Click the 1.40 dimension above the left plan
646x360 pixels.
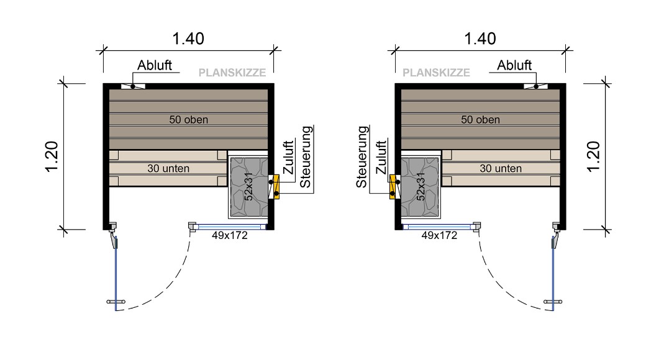point(188,38)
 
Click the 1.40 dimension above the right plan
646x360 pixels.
point(480,38)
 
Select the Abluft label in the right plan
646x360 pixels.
point(514,66)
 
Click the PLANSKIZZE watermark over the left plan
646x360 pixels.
point(232,73)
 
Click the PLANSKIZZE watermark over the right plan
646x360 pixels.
point(436,73)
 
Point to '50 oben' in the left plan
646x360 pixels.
point(188,120)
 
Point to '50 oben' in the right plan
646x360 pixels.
point(480,120)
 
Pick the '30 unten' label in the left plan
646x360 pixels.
point(168,168)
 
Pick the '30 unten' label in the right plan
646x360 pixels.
point(501,168)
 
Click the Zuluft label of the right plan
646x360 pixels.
point(380,157)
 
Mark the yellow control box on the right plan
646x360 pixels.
point(393,186)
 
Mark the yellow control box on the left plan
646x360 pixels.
point(275,186)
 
